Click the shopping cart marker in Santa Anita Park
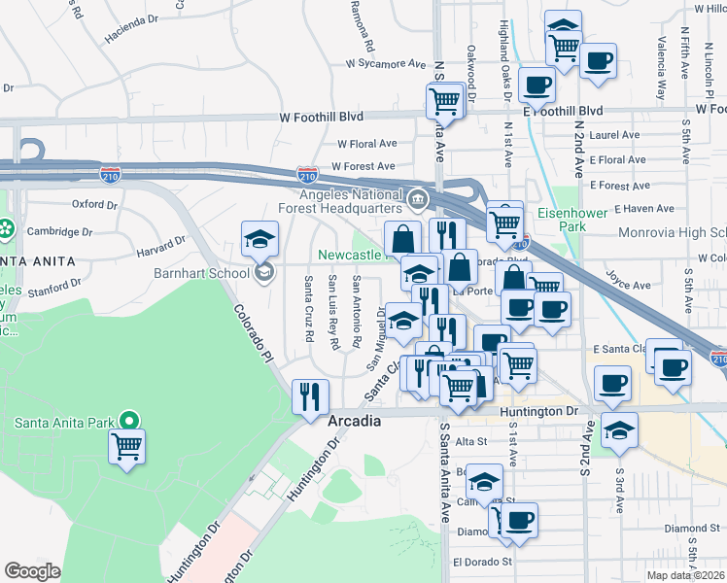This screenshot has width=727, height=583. [x=126, y=448]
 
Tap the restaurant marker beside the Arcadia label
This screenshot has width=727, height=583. [x=310, y=396]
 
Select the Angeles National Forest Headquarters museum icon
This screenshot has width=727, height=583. [x=417, y=199]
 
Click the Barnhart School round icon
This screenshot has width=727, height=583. [x=263, y=273]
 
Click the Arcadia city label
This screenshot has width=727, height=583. [x=354, y=423]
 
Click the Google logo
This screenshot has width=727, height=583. [x=32, y=570]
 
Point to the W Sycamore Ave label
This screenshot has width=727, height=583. [x=386, y=64]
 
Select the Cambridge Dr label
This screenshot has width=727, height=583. [x=60, y=232]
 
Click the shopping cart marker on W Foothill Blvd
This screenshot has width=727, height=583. [x=444, y=100]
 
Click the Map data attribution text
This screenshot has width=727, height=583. [x=686, y=575]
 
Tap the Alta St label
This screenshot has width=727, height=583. [x=470, y=441]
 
